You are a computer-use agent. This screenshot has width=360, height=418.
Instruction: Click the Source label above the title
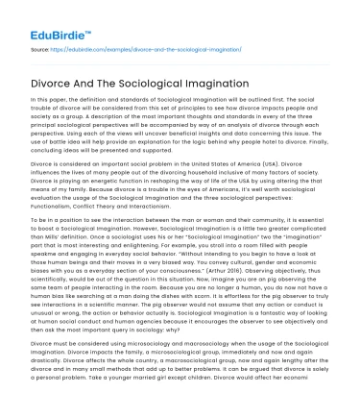click(x=41, y=45)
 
